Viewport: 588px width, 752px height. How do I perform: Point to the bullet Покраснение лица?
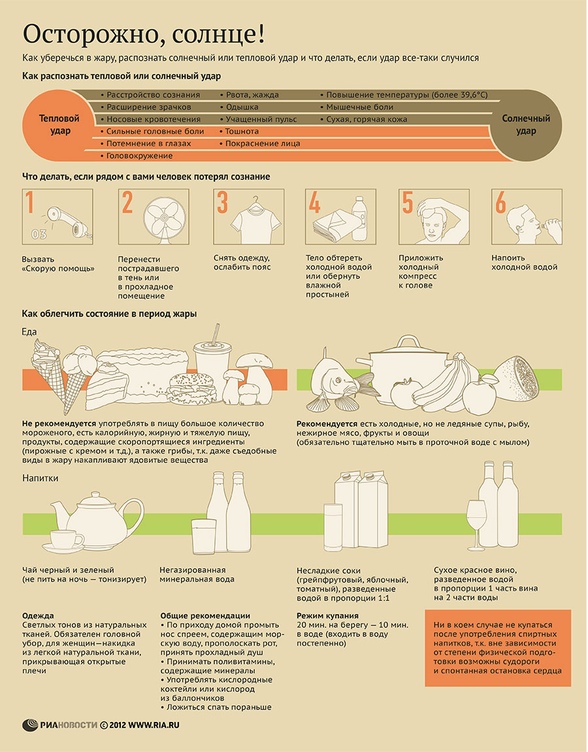tap(263, 144)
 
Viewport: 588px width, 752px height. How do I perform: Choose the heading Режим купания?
tap(327, 616)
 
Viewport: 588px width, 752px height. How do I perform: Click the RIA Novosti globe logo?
tap(30, 725)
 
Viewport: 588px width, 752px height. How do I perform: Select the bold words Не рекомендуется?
tap(59, 424)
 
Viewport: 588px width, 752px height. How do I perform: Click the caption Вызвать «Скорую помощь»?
tap(58, 264)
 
